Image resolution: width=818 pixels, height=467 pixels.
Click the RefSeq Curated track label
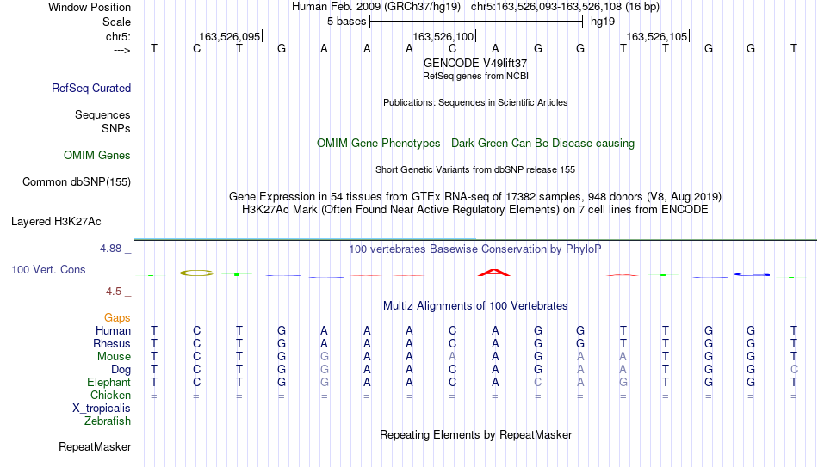(91, 88)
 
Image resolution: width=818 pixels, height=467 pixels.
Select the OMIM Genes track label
(97, 156)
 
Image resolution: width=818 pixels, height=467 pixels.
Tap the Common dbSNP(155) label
(77, 182)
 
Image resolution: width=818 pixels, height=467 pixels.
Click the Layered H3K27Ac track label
(56, 222)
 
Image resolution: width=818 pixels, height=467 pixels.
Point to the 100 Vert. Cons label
(48, 269)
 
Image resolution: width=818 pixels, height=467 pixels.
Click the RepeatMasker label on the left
(95, 446)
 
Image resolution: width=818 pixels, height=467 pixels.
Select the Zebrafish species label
(108, 421)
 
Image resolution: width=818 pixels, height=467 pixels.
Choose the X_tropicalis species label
(102, 409)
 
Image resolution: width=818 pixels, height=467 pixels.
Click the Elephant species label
(109, 382)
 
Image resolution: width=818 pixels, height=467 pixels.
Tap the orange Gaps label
(117, 317)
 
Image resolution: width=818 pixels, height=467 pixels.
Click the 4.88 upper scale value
(110, 249)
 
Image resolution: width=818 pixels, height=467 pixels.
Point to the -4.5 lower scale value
(112, 292)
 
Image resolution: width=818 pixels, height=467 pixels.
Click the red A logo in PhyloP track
(494, 273)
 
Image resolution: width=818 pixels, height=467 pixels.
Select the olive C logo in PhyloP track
(196, 273)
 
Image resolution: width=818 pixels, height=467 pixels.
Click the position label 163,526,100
(443, 36)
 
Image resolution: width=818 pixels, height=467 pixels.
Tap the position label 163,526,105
(657, 36)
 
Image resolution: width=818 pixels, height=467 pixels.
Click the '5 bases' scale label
(347, 22)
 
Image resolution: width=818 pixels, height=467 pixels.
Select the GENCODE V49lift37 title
(475, 63)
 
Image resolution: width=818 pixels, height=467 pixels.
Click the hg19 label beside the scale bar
(603, 22)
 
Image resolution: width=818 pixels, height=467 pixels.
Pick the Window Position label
(90, 7)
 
